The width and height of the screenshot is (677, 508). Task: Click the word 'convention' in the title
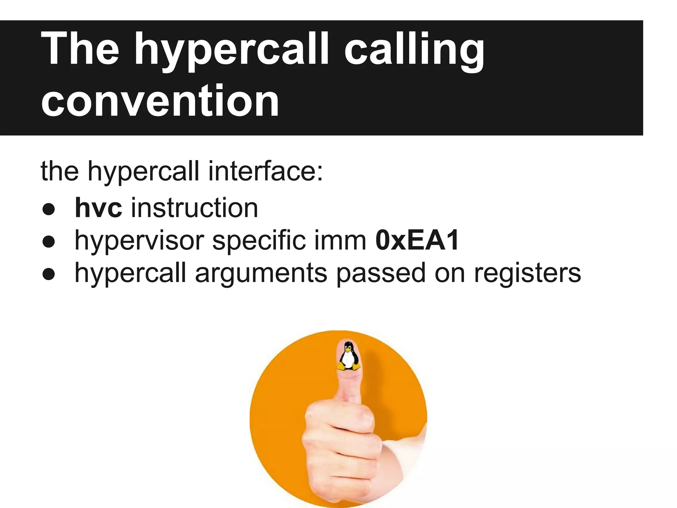pos(160,101)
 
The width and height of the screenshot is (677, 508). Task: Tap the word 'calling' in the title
pos(414,50)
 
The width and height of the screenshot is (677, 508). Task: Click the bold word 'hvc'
pos(99,208)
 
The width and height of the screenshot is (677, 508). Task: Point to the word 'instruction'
pos(194,208)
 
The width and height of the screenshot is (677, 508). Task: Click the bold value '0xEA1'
pos(417,240)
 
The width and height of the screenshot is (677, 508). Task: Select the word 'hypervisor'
pos(139,241)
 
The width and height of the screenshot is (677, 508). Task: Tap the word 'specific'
pos(259,240)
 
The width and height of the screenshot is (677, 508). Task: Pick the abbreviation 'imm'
pos(340,240)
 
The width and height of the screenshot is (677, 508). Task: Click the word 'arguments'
pos(261,273)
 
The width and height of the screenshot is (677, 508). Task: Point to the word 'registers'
pos(527,273)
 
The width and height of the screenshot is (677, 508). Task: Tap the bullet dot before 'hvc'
pos(49,209)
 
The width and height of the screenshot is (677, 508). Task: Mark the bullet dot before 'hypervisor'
pos(49,241)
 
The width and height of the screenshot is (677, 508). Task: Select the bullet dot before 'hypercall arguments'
pos(49,274)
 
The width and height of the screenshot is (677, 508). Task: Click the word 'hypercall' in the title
pos(231,50)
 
